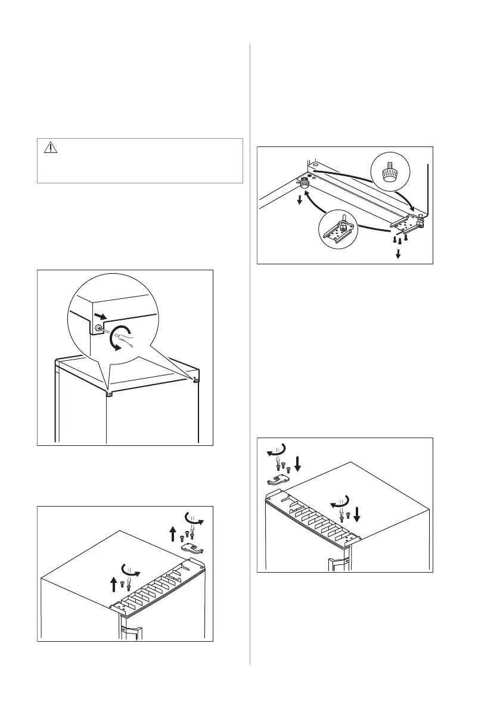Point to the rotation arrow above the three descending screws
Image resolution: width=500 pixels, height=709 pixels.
(x=277, y=449)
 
